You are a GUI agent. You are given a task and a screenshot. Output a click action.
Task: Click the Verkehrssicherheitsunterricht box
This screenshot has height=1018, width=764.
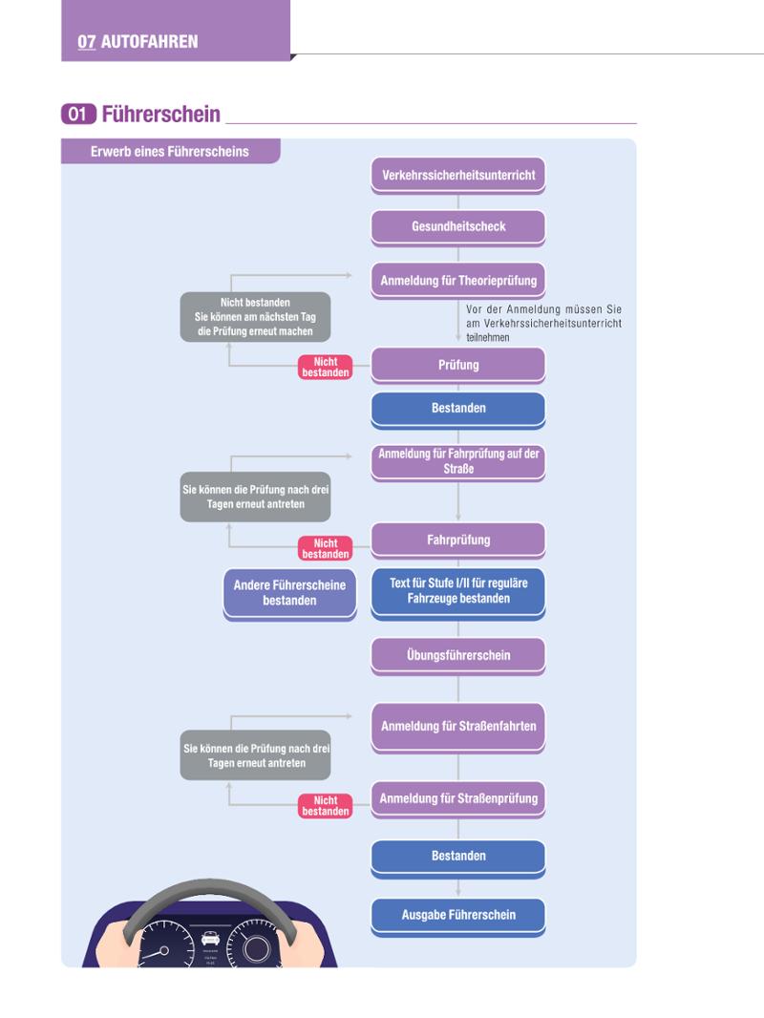458,176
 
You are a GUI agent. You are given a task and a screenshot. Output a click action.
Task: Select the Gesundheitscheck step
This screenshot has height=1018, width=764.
458,227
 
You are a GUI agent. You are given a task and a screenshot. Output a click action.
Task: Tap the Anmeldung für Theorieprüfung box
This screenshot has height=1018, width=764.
458,281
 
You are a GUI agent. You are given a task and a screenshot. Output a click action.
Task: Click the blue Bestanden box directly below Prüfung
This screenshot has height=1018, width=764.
458,409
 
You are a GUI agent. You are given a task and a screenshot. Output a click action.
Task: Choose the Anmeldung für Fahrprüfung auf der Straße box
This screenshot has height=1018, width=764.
458,461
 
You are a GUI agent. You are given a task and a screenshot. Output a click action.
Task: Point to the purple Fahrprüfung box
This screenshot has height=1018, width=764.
458,541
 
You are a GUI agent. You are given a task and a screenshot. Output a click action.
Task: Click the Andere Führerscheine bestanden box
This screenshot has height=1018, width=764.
289,593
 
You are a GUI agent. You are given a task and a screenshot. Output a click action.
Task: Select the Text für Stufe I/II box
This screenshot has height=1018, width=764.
458,592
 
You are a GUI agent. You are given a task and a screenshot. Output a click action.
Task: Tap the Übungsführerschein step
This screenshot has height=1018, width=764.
458,656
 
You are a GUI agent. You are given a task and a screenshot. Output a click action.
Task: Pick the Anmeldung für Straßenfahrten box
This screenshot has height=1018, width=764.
458,727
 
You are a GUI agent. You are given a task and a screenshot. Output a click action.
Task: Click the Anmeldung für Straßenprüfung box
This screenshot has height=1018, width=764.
458,799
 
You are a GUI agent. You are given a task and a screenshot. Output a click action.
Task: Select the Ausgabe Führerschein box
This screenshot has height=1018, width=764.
458,916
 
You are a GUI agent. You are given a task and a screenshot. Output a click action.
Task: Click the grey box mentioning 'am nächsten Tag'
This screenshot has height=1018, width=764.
255,317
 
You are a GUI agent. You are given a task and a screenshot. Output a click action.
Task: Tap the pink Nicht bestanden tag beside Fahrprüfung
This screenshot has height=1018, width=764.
326,548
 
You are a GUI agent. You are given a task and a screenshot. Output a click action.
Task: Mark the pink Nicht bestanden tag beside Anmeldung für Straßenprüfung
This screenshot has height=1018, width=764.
326,806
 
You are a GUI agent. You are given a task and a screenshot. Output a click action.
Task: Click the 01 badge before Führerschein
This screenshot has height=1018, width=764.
78,115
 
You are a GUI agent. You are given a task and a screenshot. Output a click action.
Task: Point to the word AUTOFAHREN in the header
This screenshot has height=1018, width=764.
149,42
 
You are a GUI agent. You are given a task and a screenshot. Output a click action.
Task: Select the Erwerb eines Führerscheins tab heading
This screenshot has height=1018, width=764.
169,151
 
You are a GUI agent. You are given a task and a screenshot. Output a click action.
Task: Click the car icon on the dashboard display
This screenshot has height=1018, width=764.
210,938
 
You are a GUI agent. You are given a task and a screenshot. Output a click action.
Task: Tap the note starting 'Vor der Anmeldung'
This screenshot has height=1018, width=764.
543,324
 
